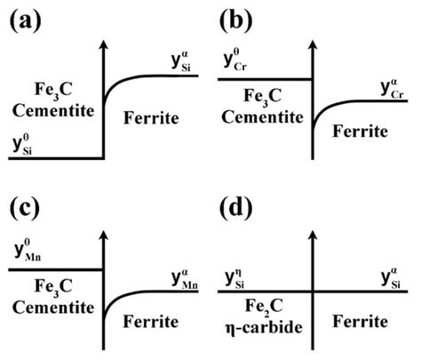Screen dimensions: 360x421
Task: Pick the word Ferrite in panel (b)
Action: (361, 130)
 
